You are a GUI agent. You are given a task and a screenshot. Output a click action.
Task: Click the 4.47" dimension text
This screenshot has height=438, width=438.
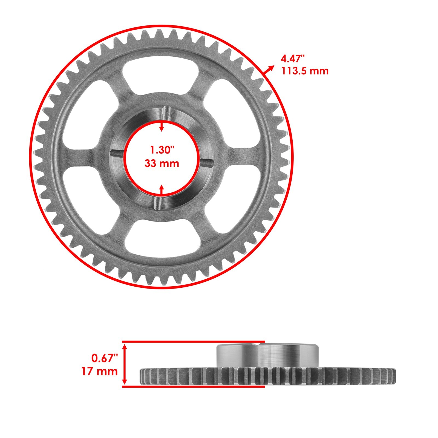293,59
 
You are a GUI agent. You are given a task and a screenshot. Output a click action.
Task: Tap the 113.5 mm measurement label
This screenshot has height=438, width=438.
305,71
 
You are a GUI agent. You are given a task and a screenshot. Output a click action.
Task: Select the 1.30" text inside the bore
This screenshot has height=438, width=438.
162,150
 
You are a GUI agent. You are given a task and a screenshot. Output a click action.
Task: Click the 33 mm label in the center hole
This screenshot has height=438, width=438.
162,163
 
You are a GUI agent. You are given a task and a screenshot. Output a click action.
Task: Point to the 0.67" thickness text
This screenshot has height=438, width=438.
104,358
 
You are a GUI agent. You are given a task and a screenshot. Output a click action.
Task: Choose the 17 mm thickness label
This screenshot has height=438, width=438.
99,371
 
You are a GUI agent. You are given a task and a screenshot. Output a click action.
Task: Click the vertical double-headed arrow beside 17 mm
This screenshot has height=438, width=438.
125,364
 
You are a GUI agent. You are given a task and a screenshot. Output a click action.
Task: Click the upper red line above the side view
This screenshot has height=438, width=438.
193,341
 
